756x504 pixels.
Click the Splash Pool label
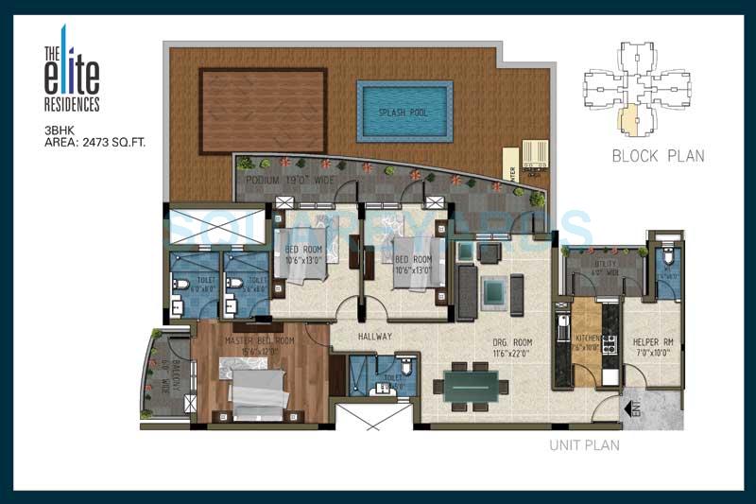point(404,112)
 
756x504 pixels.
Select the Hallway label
point(375,336)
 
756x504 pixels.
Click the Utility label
point(604,269)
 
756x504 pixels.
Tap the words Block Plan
point(658,156)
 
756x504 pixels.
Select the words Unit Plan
point(584,444)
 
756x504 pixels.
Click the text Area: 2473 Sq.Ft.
point(94,143)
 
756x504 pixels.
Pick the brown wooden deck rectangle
point(263,110)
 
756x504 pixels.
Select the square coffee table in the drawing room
point(491,292)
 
